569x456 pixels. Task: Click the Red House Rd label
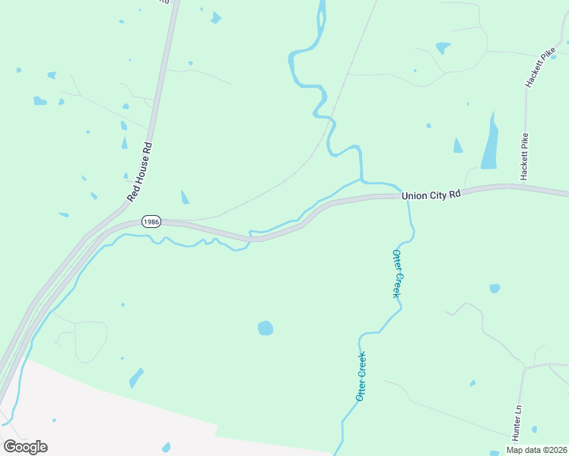[140, 172]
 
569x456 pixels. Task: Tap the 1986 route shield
[151, 222]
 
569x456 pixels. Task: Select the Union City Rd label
[431, 195]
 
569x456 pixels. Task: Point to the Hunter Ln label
[517, 422]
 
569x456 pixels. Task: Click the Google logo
[25, 446]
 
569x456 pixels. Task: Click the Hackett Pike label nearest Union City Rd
[524, 157]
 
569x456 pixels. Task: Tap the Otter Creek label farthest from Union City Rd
[361, 376]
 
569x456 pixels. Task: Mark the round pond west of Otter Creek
[265, 328]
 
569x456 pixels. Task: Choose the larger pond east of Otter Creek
[495, 288]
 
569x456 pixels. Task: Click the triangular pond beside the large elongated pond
[457, 146]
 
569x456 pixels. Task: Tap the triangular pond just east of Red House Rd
[185, 198]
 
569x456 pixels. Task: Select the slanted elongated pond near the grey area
[136, 376]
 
